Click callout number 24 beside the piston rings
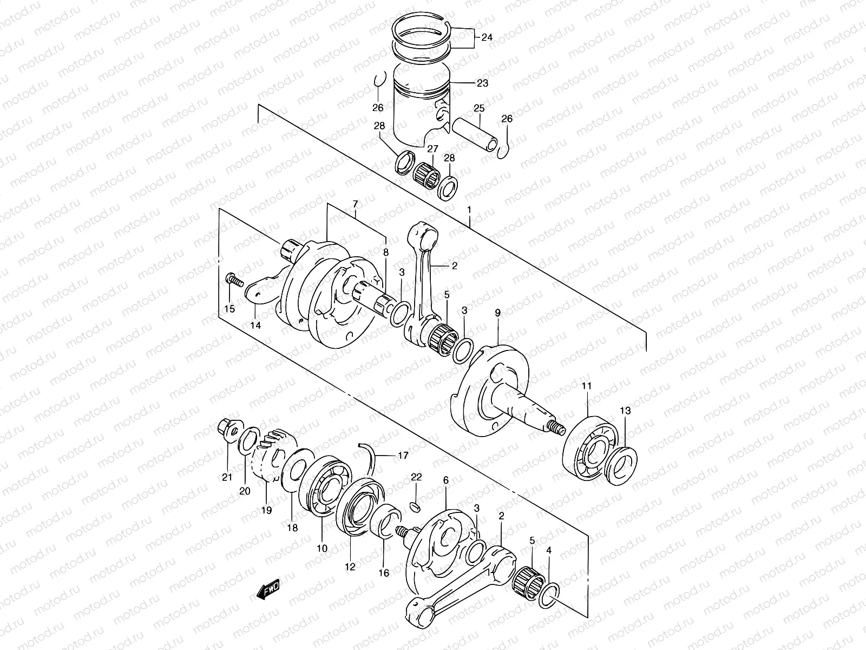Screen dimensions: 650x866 (487, 38)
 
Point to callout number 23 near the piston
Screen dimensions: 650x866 (482, 83)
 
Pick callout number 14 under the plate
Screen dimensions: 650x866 (255, 326)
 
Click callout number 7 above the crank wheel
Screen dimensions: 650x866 (355, 204)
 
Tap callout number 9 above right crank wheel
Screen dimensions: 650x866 (497, 313)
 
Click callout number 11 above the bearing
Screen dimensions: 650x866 (587, 386)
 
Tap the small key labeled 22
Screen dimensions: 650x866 (416, 506)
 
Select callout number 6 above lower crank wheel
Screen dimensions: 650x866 (445, 480)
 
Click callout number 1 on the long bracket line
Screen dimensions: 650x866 (469, 209)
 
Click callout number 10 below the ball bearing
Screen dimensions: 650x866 (322, 548)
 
